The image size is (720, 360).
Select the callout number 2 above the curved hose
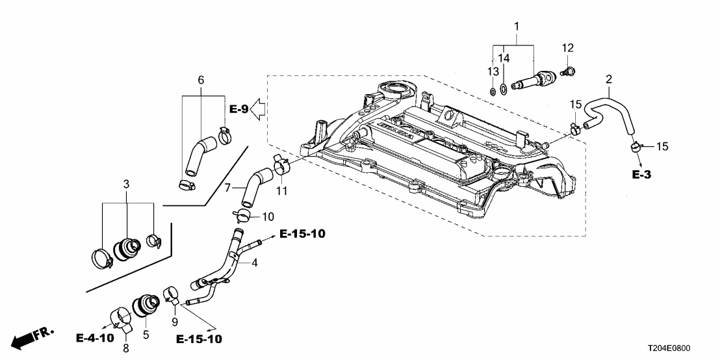tap(608, 80)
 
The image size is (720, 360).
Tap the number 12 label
tap(567, 48)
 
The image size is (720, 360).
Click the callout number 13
tap(492, 70)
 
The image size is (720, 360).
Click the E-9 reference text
tap(238, 109)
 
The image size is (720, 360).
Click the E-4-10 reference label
tap(95, 339)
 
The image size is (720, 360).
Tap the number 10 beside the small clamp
tap(268, 216)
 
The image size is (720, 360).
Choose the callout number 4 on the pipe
tap(255, 263)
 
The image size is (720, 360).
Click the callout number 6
tap(201, 80)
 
